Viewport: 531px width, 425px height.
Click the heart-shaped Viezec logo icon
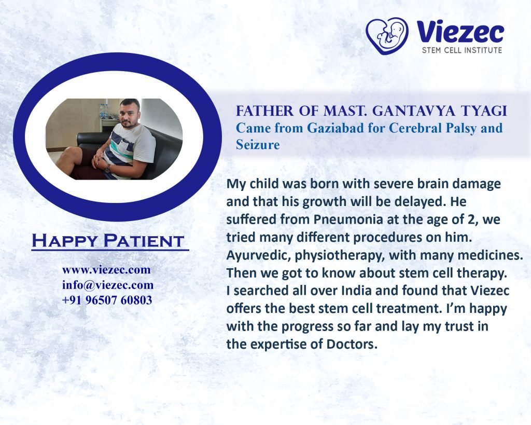pos(387,36)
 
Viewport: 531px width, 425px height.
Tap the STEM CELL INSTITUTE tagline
pos(462,50)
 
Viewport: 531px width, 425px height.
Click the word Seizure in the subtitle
pos(258,145)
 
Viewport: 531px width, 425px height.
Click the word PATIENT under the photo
pos(144,241)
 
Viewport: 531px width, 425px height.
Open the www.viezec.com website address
pos(106,270)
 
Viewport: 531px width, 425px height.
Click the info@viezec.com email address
pos(108,285)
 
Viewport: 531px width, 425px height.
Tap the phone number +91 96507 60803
pos(107,300)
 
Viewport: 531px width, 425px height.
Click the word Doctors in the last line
pos(352,344)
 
